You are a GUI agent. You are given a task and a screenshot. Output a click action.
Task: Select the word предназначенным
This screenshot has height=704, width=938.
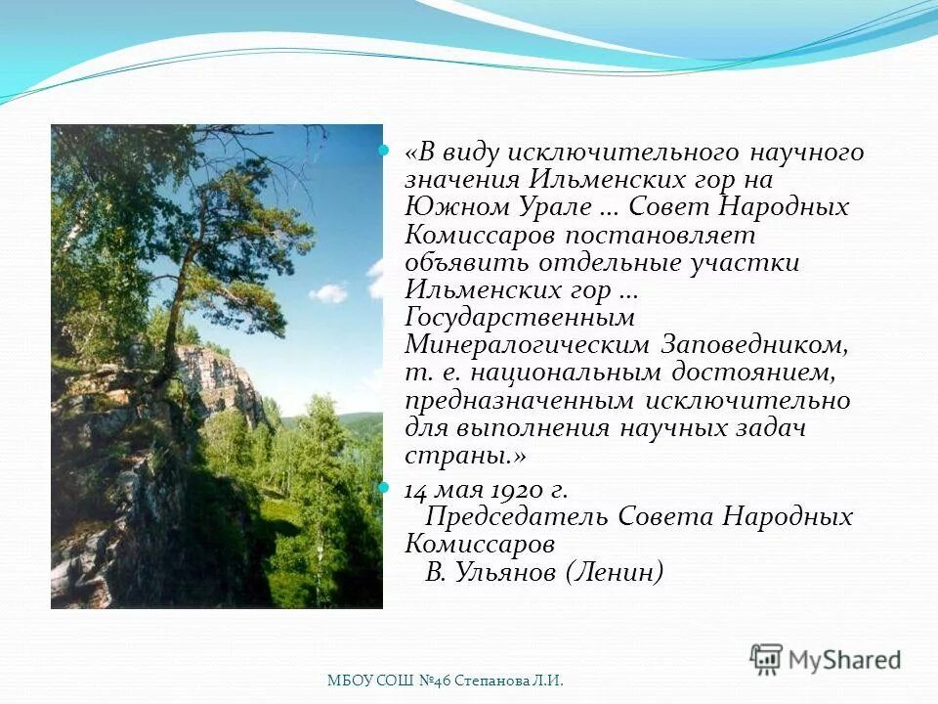pos(523,401)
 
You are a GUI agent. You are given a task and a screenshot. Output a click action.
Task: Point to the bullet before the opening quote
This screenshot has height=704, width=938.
pos(384,152)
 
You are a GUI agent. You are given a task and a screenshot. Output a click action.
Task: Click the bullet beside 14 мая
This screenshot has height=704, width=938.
pos(384,488)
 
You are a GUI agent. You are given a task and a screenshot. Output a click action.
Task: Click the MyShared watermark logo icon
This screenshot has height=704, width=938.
pos(767,659)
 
